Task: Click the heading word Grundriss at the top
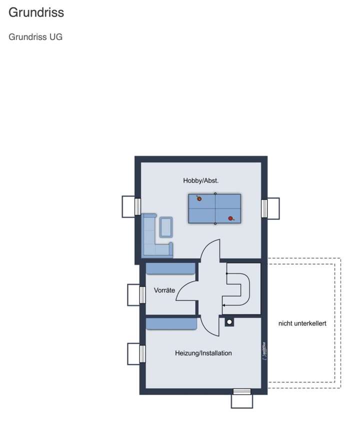click(36, 12)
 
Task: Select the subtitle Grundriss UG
click(35, 37)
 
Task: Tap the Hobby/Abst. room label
click(200, 180)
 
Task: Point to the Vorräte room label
click(164, 290)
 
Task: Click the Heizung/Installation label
click(203, 353)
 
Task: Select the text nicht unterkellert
click(302, 323)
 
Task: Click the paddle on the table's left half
click(199, 198)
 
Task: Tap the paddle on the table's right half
click(230, 218)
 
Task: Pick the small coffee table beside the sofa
click(165, 226)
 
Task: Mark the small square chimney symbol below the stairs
click(229, 322)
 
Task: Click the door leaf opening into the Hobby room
click(210, 250)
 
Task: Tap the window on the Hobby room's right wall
click(264, 208)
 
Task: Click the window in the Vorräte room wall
click(142, 294)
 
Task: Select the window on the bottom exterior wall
click(242, 391)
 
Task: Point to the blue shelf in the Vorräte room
click(170, 269)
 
